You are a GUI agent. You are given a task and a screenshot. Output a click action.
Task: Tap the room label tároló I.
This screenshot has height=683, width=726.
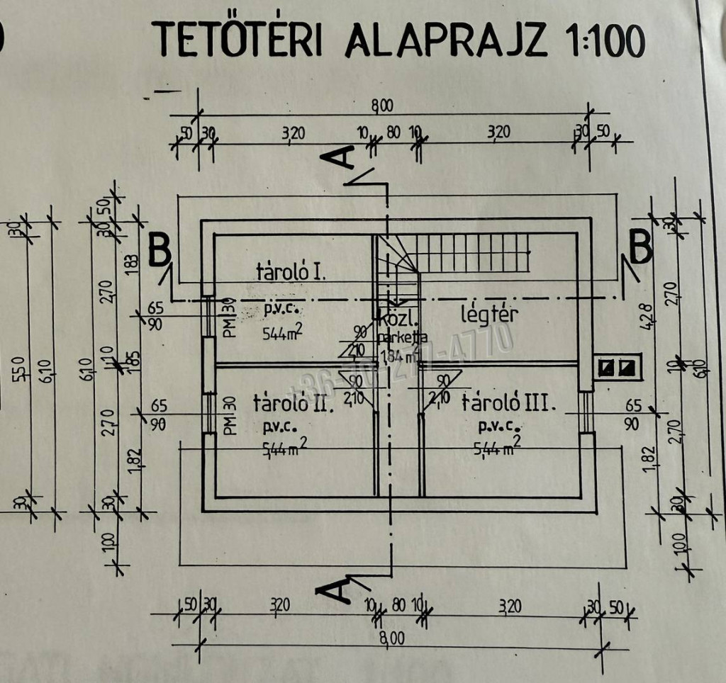pyautogui.click(x=291, y=271)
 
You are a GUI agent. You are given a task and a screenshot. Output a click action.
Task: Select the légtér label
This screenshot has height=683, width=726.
pyautogui.click(x=490, y=314)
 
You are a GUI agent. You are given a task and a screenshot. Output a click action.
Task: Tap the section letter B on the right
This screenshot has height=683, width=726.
pyautogui.click(x=640, y=248)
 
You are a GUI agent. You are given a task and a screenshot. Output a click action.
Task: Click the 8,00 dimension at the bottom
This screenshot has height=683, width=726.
pyautogui.click(x=391, y=638)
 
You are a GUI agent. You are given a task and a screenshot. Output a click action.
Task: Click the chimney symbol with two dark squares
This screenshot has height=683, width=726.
pyautogui.click(x=617, y=367)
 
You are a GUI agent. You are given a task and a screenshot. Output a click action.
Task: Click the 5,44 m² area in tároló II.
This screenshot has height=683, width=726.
pyautogui.click(x=281, y=448)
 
